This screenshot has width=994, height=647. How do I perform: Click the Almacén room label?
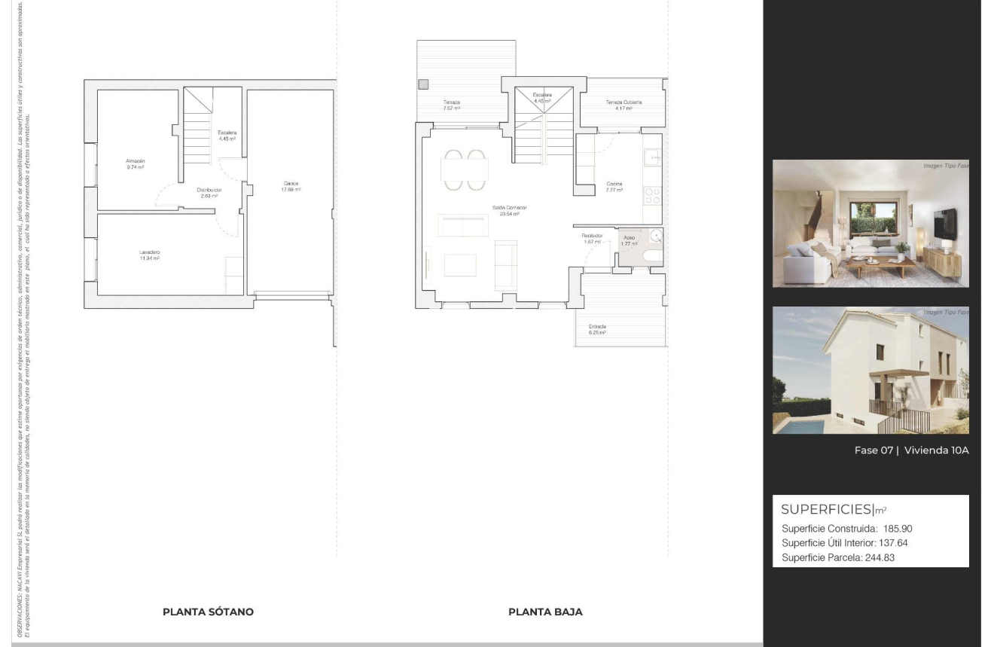(x=136, y=161)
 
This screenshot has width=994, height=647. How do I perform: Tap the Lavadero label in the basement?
(x=149, y=252)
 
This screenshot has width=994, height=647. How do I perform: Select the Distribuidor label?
(x=209, y=190)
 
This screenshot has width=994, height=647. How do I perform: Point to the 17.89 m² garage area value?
(x=291, y=190)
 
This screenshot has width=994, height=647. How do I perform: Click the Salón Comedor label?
(x=510, y=208)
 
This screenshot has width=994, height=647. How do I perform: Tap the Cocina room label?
(x=614, y=184)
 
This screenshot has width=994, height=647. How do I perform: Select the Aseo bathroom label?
(x=629, y=237)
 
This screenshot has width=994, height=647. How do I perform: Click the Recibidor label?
(x=592, y=236)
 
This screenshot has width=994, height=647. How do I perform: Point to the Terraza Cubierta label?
(x=624, y=102)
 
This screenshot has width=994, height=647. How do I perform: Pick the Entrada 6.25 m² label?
(x=597, y=327)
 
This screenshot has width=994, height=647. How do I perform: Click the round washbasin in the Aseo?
(x=656, y=237)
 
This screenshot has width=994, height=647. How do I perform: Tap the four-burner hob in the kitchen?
(x=653, y=197)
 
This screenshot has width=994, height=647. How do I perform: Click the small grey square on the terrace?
(x=424, y=84)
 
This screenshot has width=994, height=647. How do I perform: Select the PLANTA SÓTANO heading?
(x=208, y=612)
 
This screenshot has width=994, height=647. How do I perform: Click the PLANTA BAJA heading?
(x=545, y=612)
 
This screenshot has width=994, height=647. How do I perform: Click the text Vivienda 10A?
(x=936, y=450)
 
